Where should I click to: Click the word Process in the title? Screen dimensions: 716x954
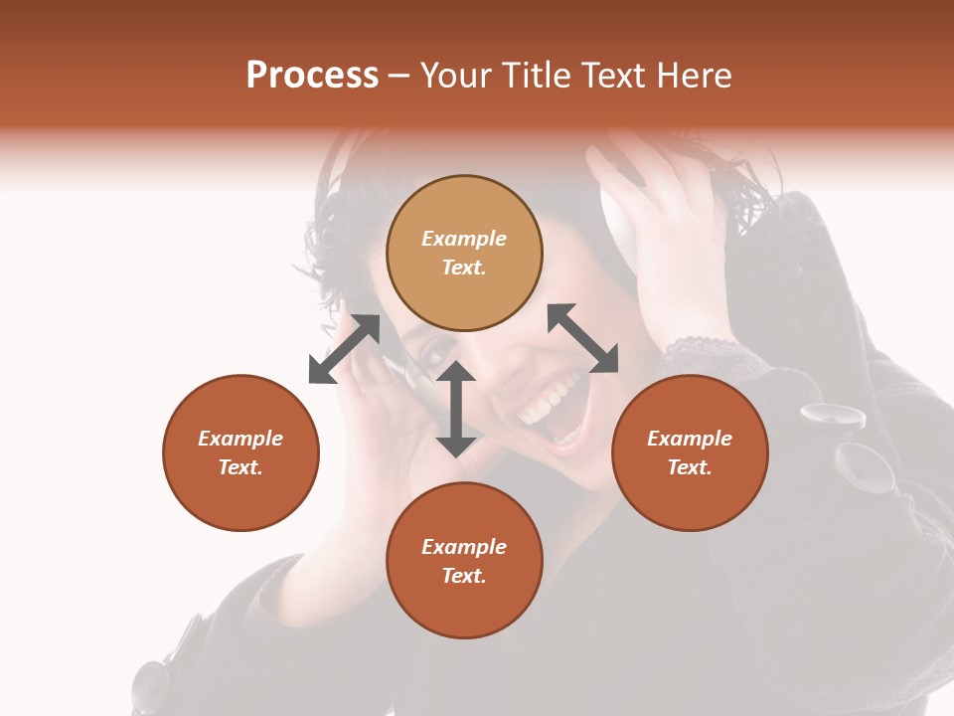(x=312, y=76)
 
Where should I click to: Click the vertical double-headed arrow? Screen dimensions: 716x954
(x=456, y=409)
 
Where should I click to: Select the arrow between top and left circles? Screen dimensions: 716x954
(x=344, y=349)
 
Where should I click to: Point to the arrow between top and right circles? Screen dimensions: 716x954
(x=582, y=338)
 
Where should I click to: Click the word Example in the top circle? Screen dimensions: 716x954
(x=464, y=239)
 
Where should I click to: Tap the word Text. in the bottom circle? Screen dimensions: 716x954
(x=464, y=576)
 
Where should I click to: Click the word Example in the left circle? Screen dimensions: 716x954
(x=240, y=439)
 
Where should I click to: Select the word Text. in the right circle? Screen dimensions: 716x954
(x=690, y=467)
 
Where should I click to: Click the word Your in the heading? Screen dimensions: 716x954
(x=455, y=76)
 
